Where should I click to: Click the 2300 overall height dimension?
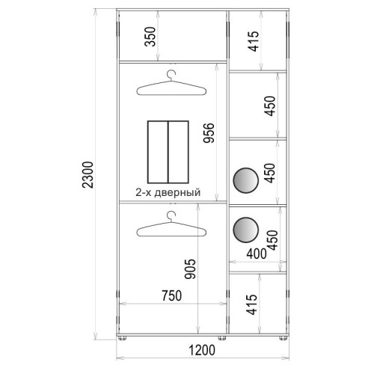[88, 175]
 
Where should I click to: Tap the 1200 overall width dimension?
[202, 350]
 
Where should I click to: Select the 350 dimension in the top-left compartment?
[150, 37]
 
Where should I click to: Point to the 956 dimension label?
[209, 133]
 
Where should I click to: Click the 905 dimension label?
[190, 269]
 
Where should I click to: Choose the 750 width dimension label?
[172, 295]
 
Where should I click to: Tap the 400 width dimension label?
[257, 254]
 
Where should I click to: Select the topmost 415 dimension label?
[254, 41]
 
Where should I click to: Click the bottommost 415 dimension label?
[251, 304]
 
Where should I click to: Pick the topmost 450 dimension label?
[270, 106]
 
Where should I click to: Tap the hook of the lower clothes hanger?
[171, 215]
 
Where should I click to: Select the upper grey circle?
[245, 180]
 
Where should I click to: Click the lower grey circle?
[245, 230]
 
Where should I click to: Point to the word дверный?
[177, 193]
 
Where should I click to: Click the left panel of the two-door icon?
[158, 152]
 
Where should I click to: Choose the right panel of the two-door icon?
[178, 152]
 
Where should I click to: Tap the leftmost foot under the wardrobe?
[122, 338]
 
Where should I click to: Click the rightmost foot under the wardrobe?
[283, 338]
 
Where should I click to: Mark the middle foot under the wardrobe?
[222, 338]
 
